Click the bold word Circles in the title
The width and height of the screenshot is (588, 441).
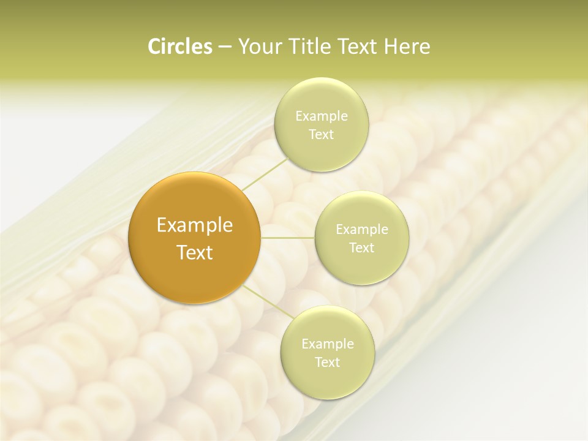click(180, 47)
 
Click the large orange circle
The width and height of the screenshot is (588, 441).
click(195, 238)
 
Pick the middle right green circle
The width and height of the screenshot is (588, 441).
click(361, 238)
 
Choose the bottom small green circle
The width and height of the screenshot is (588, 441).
click(327, 352)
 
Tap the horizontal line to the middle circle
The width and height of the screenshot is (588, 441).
click(288, 238)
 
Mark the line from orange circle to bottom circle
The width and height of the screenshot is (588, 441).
click(265, 301)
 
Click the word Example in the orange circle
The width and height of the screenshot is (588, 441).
click(195, 225)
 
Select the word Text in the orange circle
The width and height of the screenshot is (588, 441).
click(195, 252)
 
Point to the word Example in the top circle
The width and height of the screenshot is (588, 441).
click(321, 116)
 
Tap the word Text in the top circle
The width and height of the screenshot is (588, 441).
click(321, 134)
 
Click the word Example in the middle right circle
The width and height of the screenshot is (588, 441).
click(361, 229)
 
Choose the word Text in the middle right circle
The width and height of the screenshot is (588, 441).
click(361, 247)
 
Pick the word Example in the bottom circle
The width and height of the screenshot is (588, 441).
click(327, 344)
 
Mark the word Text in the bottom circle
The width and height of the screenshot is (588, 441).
click(327, 362)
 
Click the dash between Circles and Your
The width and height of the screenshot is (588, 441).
click(225, 47)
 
